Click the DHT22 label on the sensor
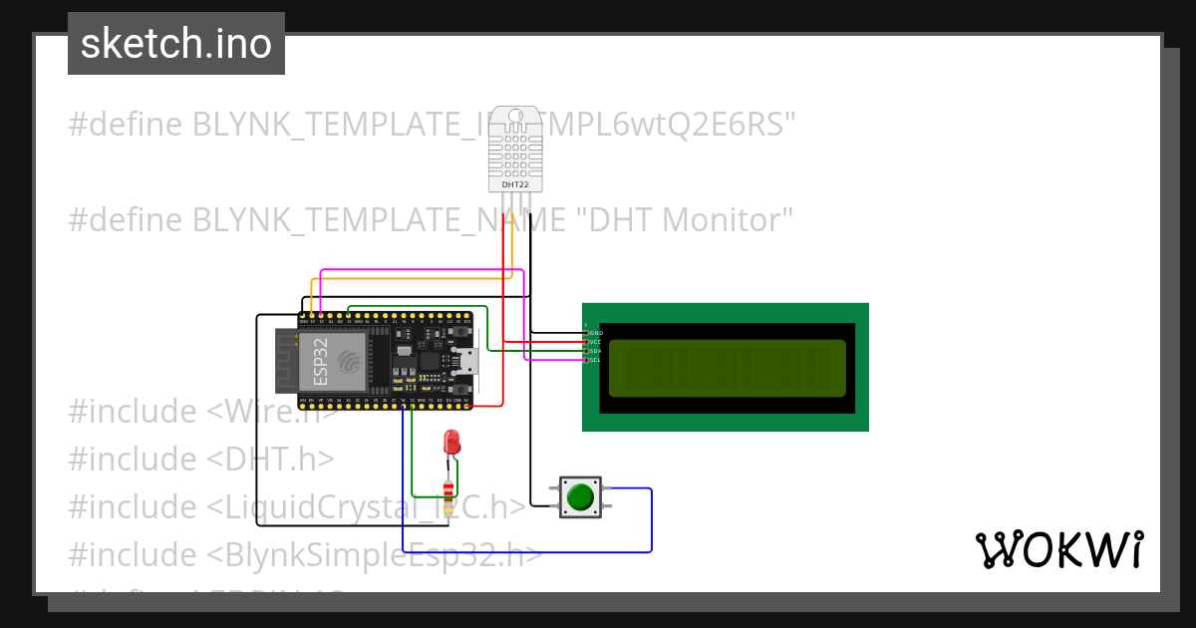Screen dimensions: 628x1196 [x=514, y=184]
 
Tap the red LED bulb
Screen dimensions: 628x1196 [x=451, y=442]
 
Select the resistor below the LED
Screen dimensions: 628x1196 [x=448, y=489]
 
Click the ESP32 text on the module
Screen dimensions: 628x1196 [x=321, y=361]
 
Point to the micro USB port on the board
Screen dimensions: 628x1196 [x=465, y=360]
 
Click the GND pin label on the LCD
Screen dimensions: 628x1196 [x=596, y=333]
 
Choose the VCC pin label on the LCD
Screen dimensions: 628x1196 [x=596, y=342]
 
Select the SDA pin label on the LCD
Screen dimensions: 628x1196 [x=596, y=351]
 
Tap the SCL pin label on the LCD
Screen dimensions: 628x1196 [x=596, y=360]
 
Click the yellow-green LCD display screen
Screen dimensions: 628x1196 [x=727, y=367]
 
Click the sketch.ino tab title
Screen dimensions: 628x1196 [x=176, y=44]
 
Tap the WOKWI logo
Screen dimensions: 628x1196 [x=1058, y=549]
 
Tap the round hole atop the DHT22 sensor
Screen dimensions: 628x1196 [x=515, y=116]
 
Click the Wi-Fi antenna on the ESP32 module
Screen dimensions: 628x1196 [x=286, y=361]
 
